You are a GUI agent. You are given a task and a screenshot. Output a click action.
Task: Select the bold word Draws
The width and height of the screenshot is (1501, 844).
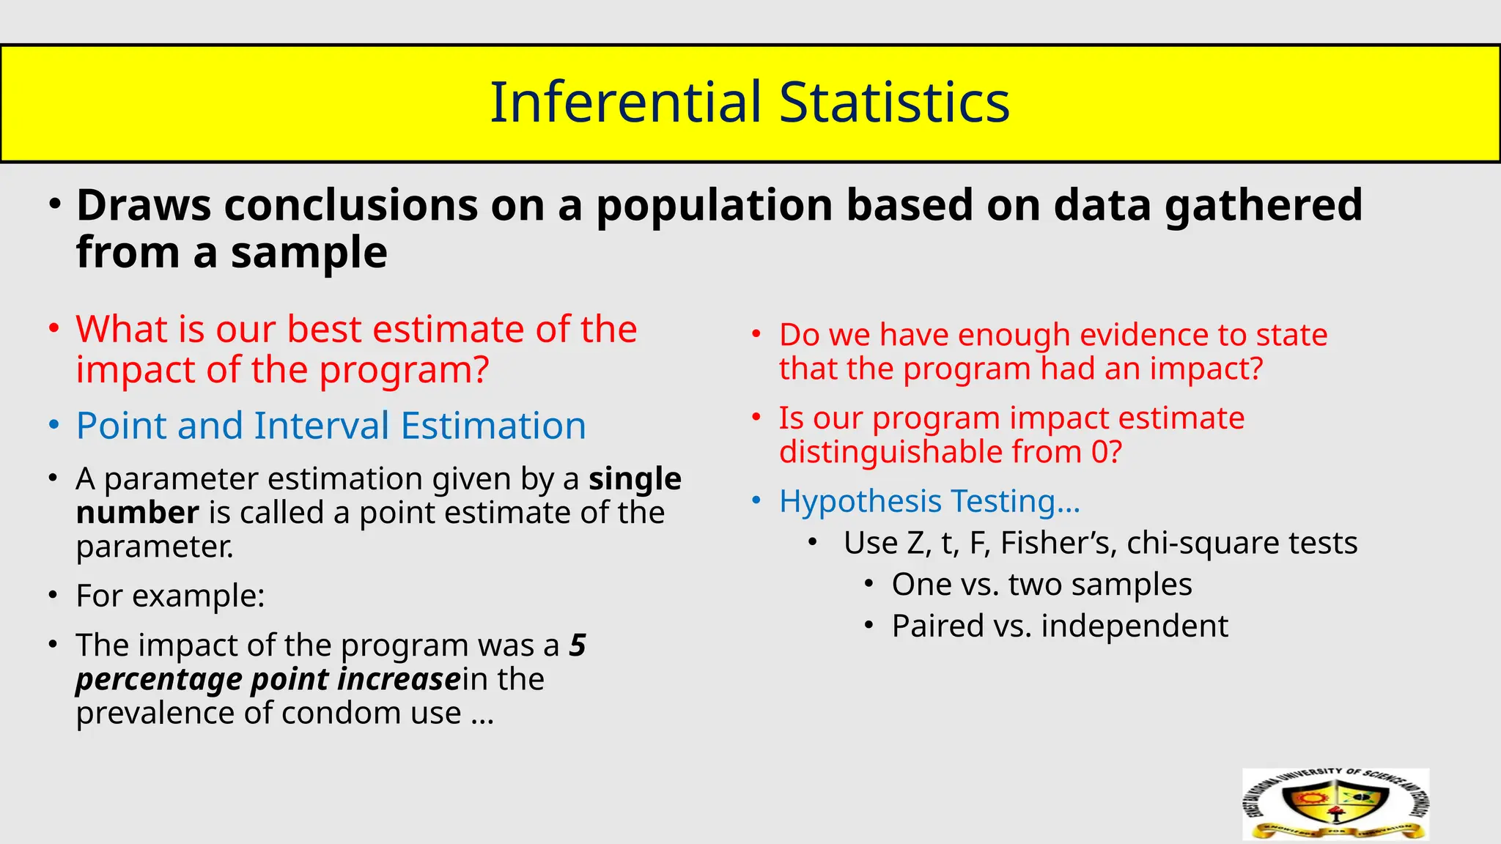click(x=144, y=205)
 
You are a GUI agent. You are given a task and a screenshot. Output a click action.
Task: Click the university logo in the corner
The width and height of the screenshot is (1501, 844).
click(x=1335, y=804)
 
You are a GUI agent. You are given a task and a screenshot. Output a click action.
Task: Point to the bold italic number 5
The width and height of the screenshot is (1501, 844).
click(x=578, y=645)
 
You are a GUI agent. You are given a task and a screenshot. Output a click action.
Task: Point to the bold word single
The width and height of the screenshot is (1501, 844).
click(x=635, y=479)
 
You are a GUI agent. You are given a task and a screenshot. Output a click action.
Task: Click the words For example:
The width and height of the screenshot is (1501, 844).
click(x=170, y=596)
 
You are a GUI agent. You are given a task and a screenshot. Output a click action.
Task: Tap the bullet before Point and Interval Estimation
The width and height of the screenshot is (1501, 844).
click(x=54, y=426)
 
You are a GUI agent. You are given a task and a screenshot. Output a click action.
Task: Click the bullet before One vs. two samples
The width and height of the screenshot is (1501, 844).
click(x=868, y=585)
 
